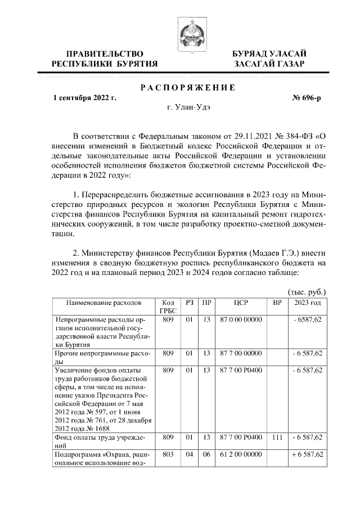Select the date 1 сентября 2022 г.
point(85,98)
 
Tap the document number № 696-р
point(307,98)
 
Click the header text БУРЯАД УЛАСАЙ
point(269,53)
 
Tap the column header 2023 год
point(307,303)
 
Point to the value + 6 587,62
point(307,454)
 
